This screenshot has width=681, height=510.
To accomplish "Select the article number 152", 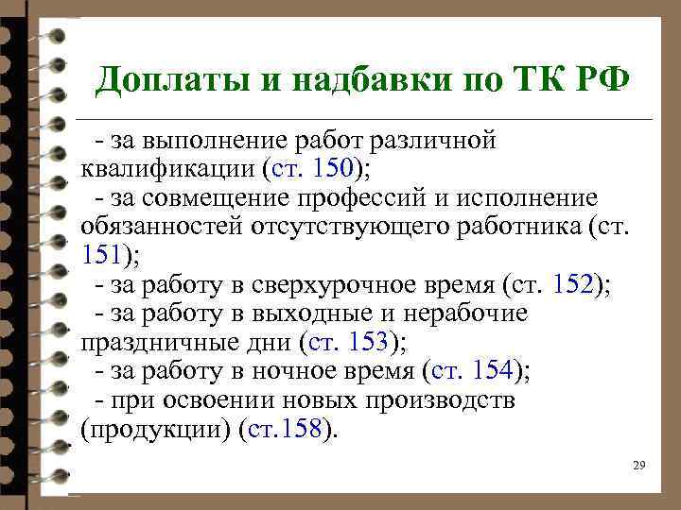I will (573, 284).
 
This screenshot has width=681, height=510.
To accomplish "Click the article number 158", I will (303, 429).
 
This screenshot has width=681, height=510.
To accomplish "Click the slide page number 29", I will (638, 466).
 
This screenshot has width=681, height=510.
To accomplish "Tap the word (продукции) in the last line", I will (156, 429).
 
